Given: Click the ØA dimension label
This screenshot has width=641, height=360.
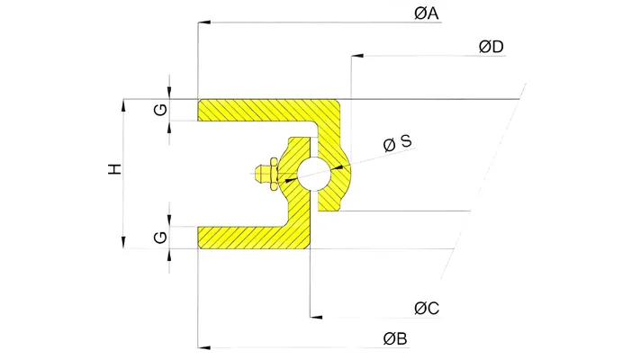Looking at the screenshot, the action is click(426, 13).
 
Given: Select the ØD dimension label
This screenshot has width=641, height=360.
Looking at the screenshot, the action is click(491, 47).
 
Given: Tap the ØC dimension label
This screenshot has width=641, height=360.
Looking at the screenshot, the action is click(427, 308).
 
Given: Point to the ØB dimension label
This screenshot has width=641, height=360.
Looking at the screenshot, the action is click(395, 338).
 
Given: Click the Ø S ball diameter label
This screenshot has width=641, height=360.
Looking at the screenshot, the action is click(397, 143).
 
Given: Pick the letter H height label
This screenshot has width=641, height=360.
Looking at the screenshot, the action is click(115, 169).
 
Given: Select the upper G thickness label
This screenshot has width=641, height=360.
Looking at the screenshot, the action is click(160, 110).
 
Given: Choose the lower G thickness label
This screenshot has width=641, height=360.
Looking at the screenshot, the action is click(160, 238).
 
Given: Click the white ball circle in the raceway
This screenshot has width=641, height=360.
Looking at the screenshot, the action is click(314, 174).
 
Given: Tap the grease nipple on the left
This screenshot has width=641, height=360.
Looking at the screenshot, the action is click(266, 174).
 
